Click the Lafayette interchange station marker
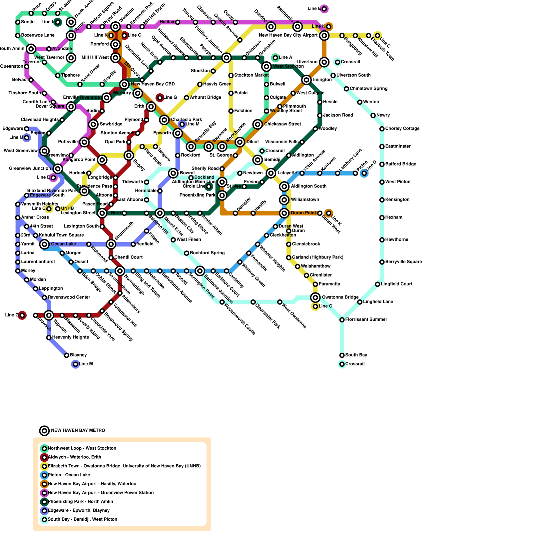271,173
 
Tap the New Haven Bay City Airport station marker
324,35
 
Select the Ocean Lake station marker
44,244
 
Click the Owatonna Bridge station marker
315,297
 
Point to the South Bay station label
356,355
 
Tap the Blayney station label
78,355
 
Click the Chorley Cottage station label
402,129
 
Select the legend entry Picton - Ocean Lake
69,475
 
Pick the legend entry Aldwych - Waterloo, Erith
74,457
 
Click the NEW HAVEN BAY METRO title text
78,431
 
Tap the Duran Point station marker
284,213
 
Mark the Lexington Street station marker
102,213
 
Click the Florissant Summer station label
366,319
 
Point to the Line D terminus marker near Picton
364,173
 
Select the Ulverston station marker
324,62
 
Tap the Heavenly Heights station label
71,337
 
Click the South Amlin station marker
31,49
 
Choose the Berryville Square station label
404,262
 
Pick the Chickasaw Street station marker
258,124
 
